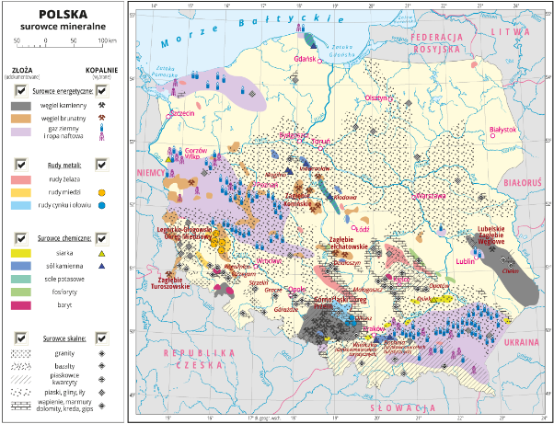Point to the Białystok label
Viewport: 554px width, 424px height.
506,130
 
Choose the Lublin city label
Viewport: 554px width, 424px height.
465,261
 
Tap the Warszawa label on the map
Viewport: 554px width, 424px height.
412,196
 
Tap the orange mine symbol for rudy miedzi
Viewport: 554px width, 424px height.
102,193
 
